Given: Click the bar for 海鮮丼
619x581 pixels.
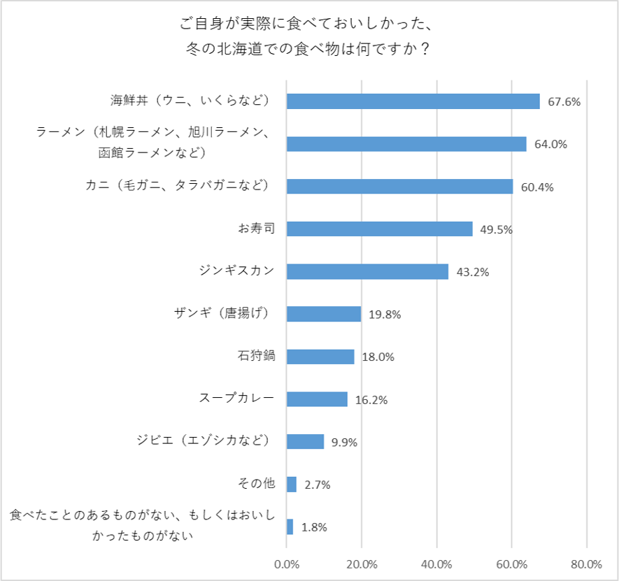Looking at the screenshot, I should (413, 101).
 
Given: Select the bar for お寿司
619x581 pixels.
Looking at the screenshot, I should (379, 229).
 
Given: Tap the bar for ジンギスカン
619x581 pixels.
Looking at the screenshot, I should (367, 271).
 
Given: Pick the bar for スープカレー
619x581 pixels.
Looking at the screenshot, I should (317, 399).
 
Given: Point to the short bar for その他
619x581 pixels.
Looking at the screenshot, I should (292, 485).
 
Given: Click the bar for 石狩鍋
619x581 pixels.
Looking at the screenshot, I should (320, 357).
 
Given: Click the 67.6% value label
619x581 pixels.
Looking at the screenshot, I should (564, 102).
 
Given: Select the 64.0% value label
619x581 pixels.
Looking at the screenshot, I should (550, 145).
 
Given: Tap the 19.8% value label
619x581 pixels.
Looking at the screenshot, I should (385, 315).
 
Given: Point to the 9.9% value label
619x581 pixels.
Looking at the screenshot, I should (345, 443).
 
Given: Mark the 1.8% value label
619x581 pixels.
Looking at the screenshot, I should (314, 528).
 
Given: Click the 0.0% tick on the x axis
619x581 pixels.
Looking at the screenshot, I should (287, 564).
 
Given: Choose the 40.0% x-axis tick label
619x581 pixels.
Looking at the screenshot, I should (436, 564).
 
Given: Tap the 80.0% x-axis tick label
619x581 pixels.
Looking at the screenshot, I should (586, 564).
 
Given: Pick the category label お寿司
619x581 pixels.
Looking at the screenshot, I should (256, 228).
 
